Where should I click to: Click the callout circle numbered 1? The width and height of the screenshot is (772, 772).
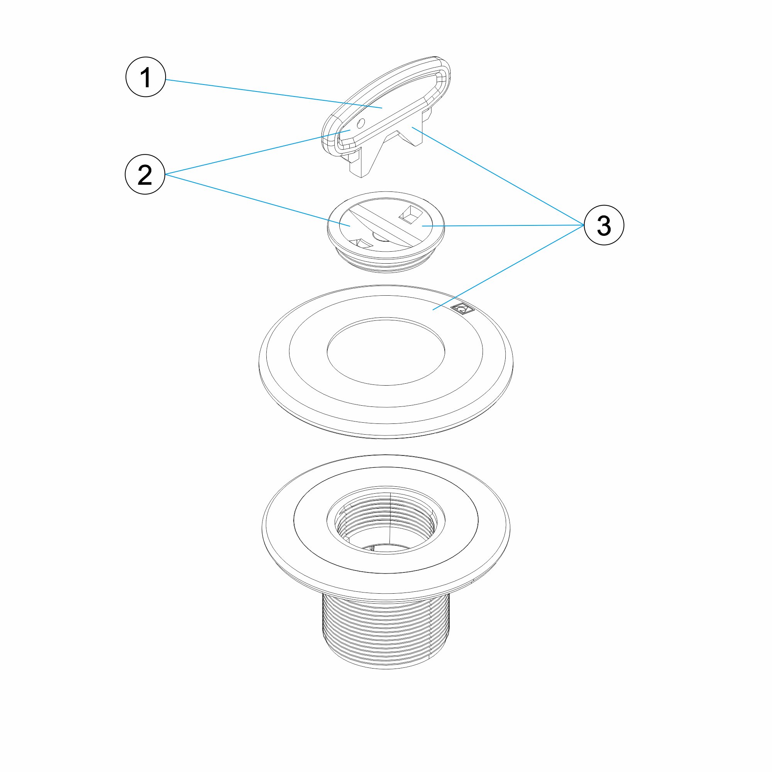click(x=146, y=77)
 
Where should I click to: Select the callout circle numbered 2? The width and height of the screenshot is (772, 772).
click(x=145, y=174)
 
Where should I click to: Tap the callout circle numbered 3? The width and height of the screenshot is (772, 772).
click(x=603, y=225)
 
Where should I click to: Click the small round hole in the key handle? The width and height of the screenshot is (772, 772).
click(x=361, y=123)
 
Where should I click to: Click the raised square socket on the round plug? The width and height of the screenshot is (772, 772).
click(x=408, y=215)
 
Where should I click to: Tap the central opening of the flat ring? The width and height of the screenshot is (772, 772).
click(x=386, y=352)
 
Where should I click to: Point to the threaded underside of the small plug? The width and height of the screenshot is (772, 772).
click(x=386, y=264)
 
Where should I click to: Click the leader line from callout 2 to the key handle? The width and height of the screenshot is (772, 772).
click(x=256, y=152)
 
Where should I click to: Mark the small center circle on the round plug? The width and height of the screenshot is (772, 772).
click(x=377, y=237)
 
